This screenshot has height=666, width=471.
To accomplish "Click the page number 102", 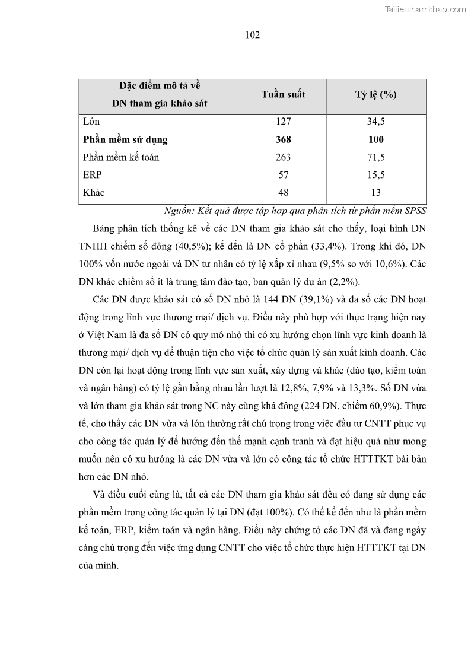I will (x=253, y=35).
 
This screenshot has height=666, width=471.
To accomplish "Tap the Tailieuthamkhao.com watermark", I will (x=426, y=9).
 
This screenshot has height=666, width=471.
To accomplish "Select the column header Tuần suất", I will (x=283, y=95).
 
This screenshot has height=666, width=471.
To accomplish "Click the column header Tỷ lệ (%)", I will (x=375, y=95).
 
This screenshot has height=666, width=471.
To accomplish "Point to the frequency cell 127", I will (x=283, y=122).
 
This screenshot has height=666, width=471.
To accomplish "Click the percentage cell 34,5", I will (x=375, y=122).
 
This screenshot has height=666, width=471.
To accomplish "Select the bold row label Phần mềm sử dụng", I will (x=125, y=140).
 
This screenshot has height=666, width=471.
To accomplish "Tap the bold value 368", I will (x=283, y=140).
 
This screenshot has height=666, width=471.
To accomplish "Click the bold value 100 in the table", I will (x=375, y=140).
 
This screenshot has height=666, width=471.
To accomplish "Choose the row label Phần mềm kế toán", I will (x=121, y=158).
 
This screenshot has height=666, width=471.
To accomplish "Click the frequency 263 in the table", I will (x=283, y=158).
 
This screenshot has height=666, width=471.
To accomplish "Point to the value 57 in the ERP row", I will (x=283, y=175).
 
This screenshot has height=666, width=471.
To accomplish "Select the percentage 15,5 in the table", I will (x=375, y=175).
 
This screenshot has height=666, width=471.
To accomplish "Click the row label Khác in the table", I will (x=94, y=193).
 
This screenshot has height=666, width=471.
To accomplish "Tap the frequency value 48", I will (x=283, y=193).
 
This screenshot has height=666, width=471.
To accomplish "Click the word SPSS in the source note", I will (x=415, y=211).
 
